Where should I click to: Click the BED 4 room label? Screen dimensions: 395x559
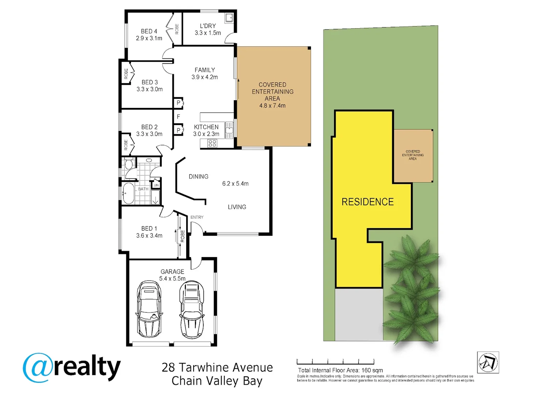click(x=149, y=31)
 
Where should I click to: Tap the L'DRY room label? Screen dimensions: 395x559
click(x=208, y=26)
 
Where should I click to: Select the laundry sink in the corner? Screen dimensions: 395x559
click(x=229, y=18)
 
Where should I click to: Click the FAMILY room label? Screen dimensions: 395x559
click(x=205, y=70)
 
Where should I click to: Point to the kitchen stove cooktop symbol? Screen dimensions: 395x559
click(x=213, y=143)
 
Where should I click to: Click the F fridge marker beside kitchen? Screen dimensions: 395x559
click(x=179, y=117)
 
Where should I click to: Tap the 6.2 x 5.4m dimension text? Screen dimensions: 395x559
click(x=235, y=184)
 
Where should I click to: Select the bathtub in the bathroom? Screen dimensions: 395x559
click(x=128, y=193)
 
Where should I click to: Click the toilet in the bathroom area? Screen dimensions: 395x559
click(x=128, y=164)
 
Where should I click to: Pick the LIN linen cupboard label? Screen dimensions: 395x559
click(x=156, y=185)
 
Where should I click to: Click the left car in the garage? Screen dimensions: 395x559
click(x=149, y=309)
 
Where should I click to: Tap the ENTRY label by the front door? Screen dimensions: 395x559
click(x=197, y=217)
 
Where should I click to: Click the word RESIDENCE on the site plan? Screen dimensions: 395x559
click(x=367, y=202)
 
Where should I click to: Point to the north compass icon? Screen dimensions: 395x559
click(x=488, y=362)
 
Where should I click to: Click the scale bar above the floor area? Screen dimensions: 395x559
click(x=335, y=362)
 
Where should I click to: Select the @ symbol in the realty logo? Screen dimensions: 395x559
click(x=38, y=368)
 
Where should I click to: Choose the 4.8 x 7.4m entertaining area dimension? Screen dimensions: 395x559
click(x=272, y=106)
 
